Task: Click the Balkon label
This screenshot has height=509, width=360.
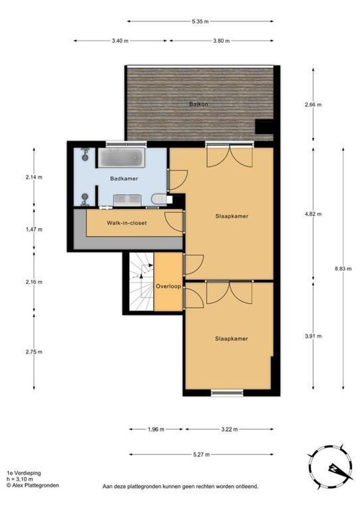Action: (x=198, y=104)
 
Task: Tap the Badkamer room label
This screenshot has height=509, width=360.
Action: (x=124, y=179)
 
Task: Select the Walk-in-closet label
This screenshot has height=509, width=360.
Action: (x=127, y=223)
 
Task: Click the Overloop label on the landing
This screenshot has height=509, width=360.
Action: (x=168, y=287)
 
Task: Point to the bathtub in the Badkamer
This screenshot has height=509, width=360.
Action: (x=122, y=158)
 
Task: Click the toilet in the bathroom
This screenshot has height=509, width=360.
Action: (x=159, y=199)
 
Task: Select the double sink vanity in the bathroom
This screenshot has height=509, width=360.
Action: (x=127, y=200)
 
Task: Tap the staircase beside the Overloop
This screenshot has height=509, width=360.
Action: (x=141, y=281)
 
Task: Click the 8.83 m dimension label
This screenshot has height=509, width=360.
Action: (x=343, y=269)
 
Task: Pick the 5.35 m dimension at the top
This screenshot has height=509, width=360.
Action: (x=200, y=21)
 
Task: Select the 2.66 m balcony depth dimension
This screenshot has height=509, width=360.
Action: (x=313, y=105)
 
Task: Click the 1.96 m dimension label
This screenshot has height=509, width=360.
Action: (x=156, y=429)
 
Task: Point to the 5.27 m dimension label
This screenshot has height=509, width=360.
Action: (x=201, y=454)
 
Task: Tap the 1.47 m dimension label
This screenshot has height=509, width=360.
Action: (x=34, y=230)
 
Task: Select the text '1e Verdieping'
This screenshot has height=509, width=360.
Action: (x=24, y=473)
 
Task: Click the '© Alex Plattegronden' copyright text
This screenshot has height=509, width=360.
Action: (x=33, y=485)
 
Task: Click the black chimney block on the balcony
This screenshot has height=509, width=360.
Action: (x=264, y=127)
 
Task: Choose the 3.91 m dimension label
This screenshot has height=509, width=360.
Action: (x=313, y=336)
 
